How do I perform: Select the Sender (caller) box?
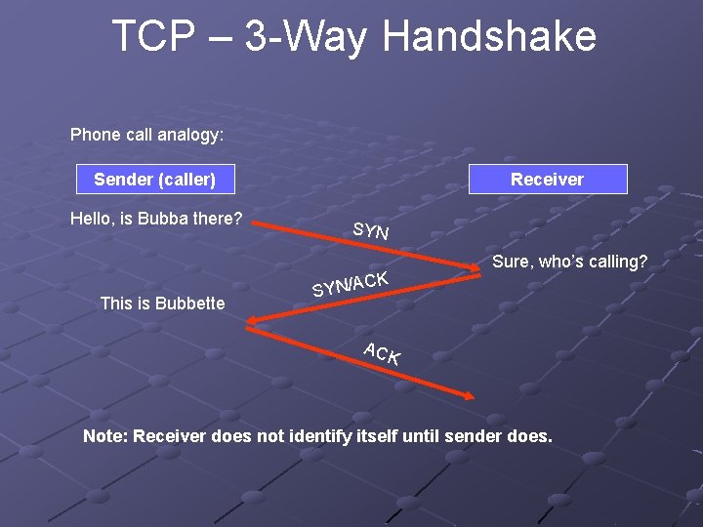(x=154, y=180)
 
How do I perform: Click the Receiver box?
(x=547, y=180)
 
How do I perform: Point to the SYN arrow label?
(x=371, y=231)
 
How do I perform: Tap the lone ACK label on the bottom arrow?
(x=381, y=353)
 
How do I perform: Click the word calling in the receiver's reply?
(x=615, y=262)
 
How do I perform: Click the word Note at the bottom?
(x=103, y=436)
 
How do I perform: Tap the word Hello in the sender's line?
(x=92, y=219)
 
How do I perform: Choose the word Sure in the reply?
(x=511, y=262)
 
